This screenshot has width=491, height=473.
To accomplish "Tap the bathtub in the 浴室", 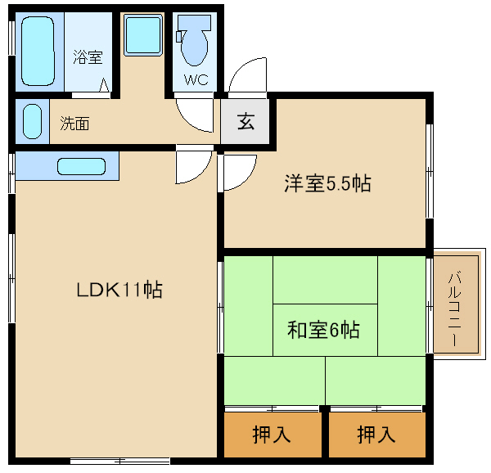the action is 38,51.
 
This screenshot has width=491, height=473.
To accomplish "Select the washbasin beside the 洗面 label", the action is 33,121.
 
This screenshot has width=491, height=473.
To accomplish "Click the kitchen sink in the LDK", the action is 81,166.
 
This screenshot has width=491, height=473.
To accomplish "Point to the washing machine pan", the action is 143,36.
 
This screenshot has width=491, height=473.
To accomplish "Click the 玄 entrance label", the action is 245,121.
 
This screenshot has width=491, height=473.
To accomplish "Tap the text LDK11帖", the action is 119,290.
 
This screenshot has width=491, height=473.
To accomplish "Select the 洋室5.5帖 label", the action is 327,183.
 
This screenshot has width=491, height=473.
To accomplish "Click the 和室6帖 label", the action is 323,329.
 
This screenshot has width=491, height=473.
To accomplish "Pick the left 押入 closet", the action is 273,435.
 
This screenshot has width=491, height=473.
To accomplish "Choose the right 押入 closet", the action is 377,435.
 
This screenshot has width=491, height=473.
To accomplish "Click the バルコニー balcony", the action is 457,304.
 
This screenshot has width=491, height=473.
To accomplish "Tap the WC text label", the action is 196,80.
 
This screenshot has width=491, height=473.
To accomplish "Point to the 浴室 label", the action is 88,57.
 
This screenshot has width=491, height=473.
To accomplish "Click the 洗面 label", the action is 74,124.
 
